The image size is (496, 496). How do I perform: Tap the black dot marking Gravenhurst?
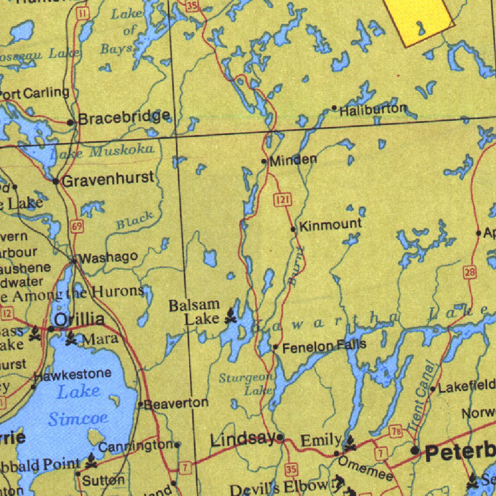(56, 181)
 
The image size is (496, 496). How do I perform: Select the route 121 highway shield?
(281, 199)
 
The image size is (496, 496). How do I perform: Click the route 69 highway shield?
(77, 226)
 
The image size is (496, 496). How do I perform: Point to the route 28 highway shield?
(469, 272)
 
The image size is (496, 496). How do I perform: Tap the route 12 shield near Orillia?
(7, 314)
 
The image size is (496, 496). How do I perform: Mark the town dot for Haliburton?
(334, 108)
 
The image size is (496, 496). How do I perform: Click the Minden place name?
(294, 160)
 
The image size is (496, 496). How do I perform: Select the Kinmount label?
(330, 225)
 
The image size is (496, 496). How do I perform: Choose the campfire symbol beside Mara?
(71, 338)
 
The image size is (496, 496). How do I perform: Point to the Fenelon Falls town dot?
(275, 347)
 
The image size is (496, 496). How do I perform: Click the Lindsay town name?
(243, 440)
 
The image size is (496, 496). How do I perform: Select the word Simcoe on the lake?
(78, 418)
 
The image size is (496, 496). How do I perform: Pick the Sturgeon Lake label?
(246, 384)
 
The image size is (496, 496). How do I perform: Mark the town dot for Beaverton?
(140, 403)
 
